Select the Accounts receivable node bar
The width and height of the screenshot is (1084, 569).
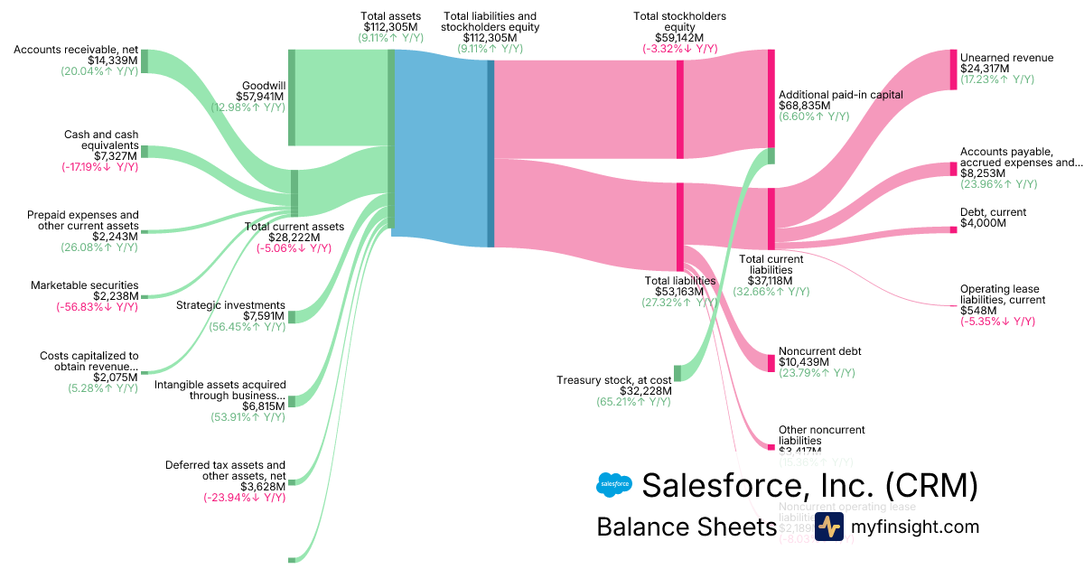(x=145, y=61)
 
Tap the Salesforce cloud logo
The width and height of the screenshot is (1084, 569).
(x=614, y=485)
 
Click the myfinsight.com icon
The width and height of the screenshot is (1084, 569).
(x=829, y=527)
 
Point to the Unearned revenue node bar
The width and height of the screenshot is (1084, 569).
(x=952, y=70)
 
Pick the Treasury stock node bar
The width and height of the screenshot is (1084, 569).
(x=677, y=373)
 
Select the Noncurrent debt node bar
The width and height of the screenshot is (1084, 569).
(x=771, y=362)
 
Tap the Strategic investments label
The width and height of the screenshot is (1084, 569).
(x=232, y=305)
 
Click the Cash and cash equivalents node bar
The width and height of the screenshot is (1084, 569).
(x=145, y=152)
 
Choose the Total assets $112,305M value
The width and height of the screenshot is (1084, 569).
(x=390, y=27)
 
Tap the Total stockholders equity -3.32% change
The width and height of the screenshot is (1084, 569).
(x=679, y=49)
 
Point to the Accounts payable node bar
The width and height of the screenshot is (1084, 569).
(x=952, y=169)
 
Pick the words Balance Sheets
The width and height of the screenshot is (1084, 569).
(x=687, y=527)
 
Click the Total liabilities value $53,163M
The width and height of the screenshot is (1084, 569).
(x=679, y=292)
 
